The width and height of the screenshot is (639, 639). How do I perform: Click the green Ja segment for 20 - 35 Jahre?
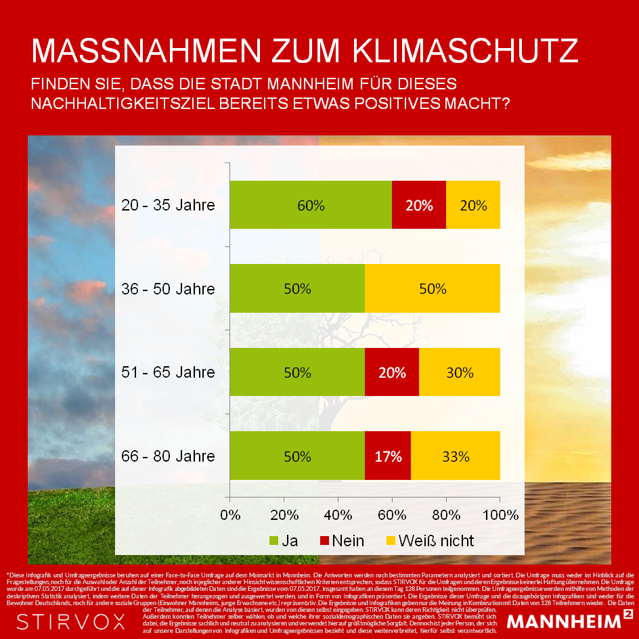click(x=311, y=205)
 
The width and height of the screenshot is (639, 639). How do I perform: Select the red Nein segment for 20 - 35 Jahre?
click(x=419, y=205)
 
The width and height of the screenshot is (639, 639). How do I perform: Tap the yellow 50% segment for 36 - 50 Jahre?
click(x=433, y=288)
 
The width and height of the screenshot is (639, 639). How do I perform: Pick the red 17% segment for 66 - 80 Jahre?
click(x=388, y=456)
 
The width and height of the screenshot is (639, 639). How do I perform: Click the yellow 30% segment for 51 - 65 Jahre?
click(x=460, y=372)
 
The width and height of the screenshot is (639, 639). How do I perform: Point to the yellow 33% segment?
click(x=456, y=456)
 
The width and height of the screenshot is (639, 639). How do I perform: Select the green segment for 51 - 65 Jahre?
click(x=297, y=372)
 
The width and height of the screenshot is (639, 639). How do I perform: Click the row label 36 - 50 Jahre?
click(x=168, y=289)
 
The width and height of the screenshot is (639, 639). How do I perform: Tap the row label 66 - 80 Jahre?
click(x=168, y=456)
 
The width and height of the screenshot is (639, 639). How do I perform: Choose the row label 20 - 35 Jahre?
click(x=168, y=205)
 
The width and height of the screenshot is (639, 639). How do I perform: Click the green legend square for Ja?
click(x=273, y=541)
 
